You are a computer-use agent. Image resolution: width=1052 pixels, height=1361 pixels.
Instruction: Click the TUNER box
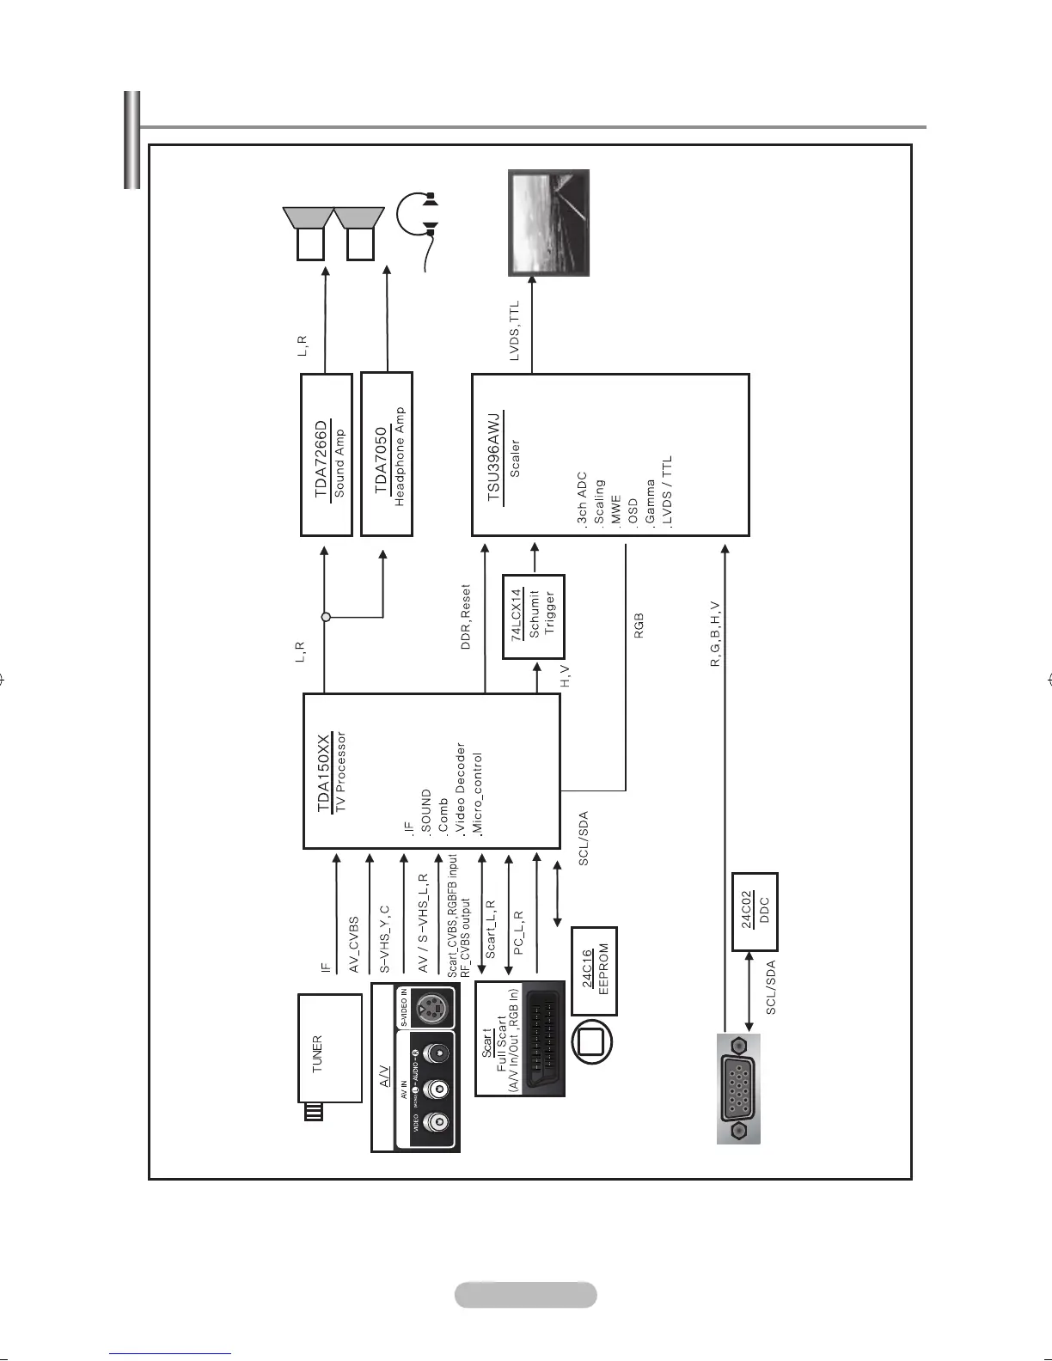pos(329,1048)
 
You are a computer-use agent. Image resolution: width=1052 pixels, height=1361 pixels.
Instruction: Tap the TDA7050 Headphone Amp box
pos(387,454)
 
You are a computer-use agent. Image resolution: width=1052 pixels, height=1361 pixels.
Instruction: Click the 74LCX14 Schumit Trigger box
pos(533,616)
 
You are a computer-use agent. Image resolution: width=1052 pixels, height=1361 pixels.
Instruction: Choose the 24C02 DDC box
pos(755,912)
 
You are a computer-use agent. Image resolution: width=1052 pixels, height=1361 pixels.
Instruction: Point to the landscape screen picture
pos(548,223)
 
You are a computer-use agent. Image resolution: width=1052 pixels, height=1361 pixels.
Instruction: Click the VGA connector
pos(738,1089)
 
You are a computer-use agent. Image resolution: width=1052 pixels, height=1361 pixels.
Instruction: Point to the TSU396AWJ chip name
pos(493,457)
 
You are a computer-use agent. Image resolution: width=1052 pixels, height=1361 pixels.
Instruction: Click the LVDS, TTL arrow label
pos(514,330)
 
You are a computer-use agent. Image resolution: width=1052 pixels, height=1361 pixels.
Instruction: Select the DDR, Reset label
pos(466,617)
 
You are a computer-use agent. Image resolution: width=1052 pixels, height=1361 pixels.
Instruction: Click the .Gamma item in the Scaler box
pos(651,502)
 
